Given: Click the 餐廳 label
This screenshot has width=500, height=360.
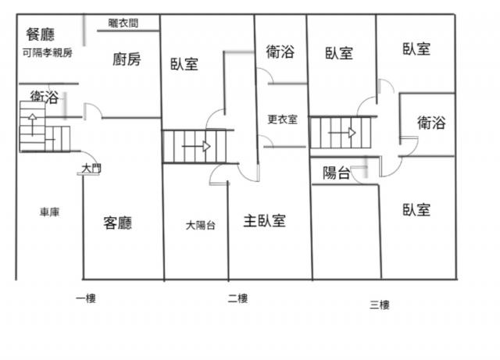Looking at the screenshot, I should coord(40,34).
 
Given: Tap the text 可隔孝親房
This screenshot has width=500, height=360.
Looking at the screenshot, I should coord(48,53).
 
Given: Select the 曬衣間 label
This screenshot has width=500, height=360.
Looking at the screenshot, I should coord(123,23).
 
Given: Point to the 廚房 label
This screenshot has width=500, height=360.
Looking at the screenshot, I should coord(127,59).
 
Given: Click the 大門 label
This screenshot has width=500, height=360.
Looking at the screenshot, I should coord(91,168).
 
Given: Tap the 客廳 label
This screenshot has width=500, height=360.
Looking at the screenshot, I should coord(118,223).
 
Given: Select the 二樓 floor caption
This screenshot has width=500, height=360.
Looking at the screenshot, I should coord(237,298).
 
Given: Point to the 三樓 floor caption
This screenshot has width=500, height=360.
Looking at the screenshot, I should coord(379,305).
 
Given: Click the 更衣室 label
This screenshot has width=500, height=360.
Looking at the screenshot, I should coord(282,119).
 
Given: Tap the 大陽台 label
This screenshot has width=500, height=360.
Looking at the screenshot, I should coord(200,225).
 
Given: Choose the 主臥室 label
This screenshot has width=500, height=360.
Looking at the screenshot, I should coord(264,220).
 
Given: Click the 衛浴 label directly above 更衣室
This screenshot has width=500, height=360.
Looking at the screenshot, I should coord(280,52).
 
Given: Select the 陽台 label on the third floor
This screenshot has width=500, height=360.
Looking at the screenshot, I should coord(337,173).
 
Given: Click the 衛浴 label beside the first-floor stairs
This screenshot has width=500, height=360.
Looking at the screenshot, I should coord(44,97).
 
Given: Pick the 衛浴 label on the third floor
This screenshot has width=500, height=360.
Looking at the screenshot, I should coord(431,123).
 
